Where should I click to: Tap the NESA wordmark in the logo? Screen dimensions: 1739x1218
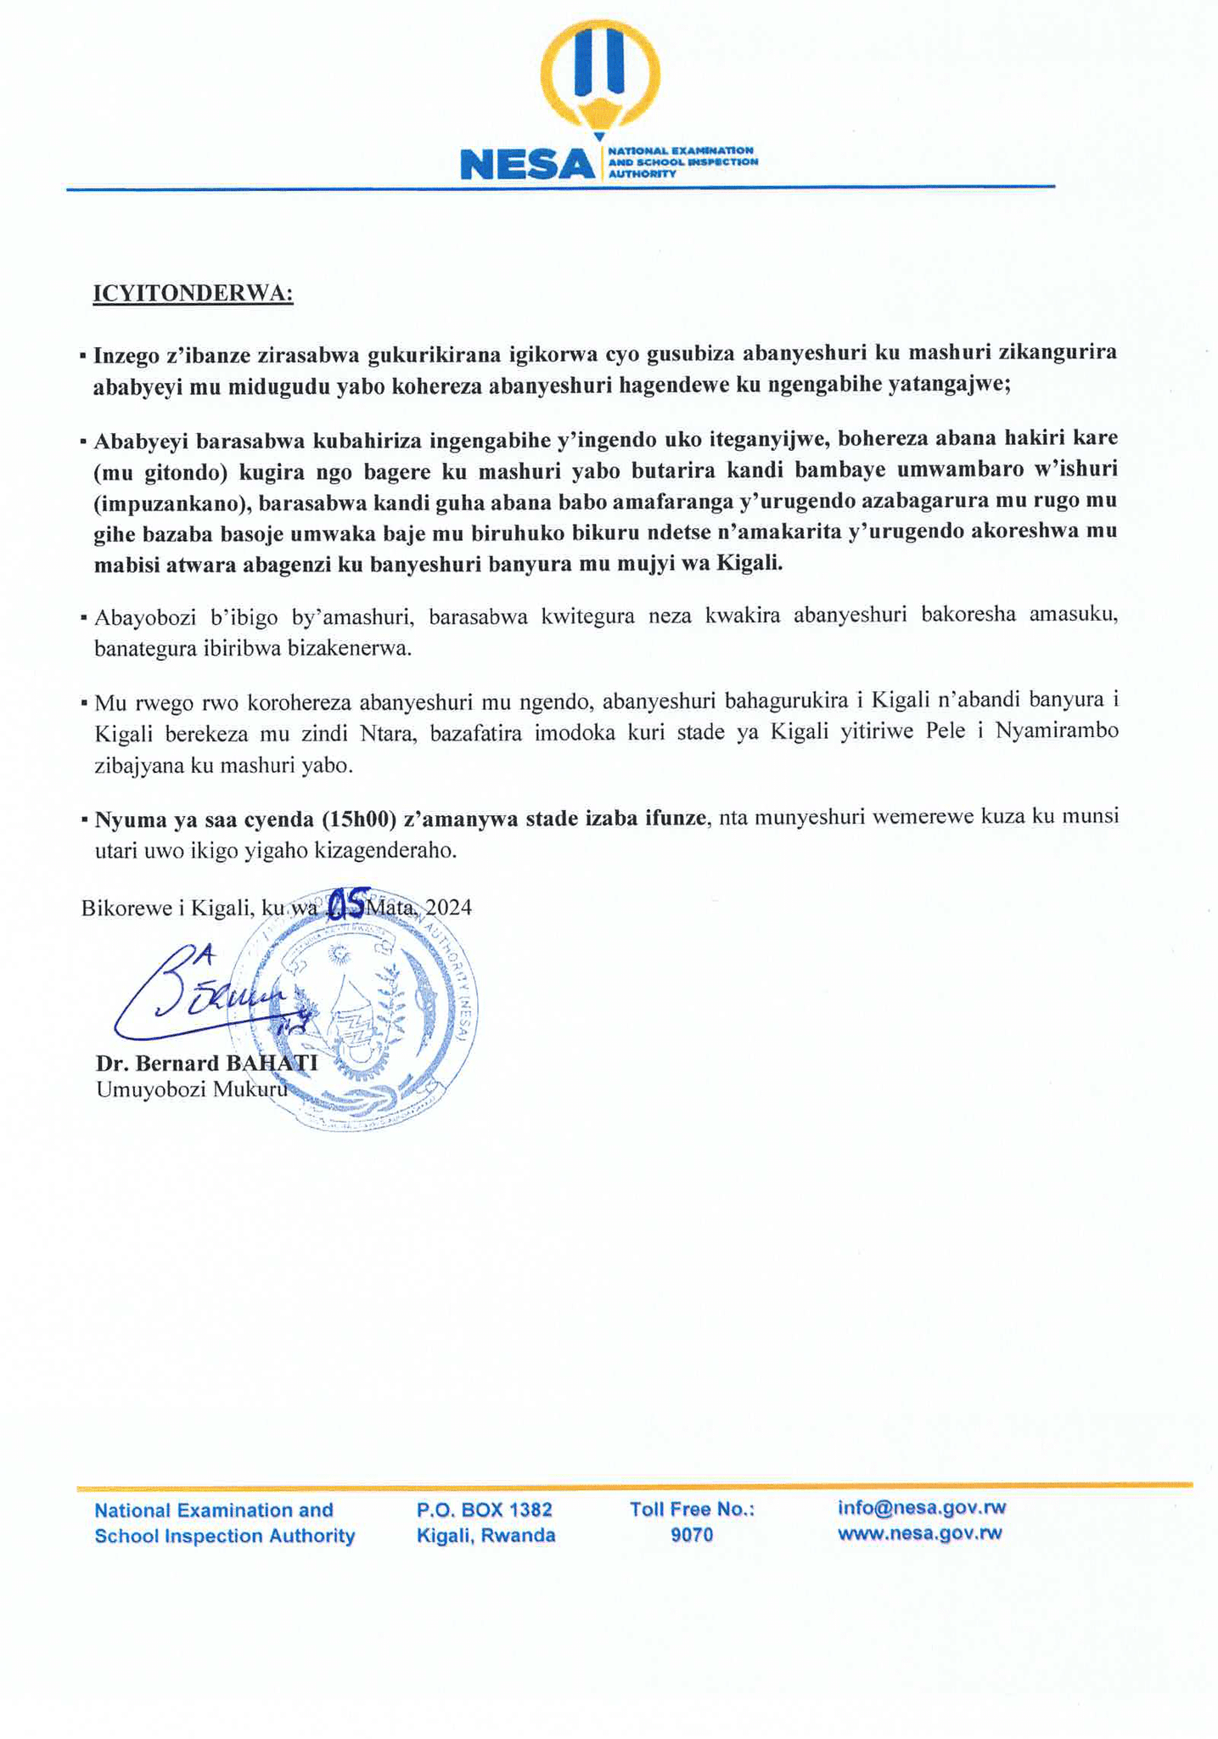tap(527, 164)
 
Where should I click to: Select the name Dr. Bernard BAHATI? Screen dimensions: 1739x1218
tap(206, 1063)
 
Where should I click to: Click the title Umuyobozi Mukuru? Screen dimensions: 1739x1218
tap(191, 1089)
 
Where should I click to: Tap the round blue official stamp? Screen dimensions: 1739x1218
tap(352, 1010)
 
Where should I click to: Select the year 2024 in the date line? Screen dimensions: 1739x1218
tap(448, 908)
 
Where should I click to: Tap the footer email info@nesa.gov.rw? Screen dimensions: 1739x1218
tap(921, 1508)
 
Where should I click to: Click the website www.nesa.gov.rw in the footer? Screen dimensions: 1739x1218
tap(919, 1534)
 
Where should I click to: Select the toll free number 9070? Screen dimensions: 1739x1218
tap(692, 1535)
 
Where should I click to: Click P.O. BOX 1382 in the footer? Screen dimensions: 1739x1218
tap(485, 1510)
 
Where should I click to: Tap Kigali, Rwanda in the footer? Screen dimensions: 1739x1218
tap(486, 1535)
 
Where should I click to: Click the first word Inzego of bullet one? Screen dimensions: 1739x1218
tap(128, 354)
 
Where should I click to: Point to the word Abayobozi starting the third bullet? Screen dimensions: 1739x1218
tap(144, 617)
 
